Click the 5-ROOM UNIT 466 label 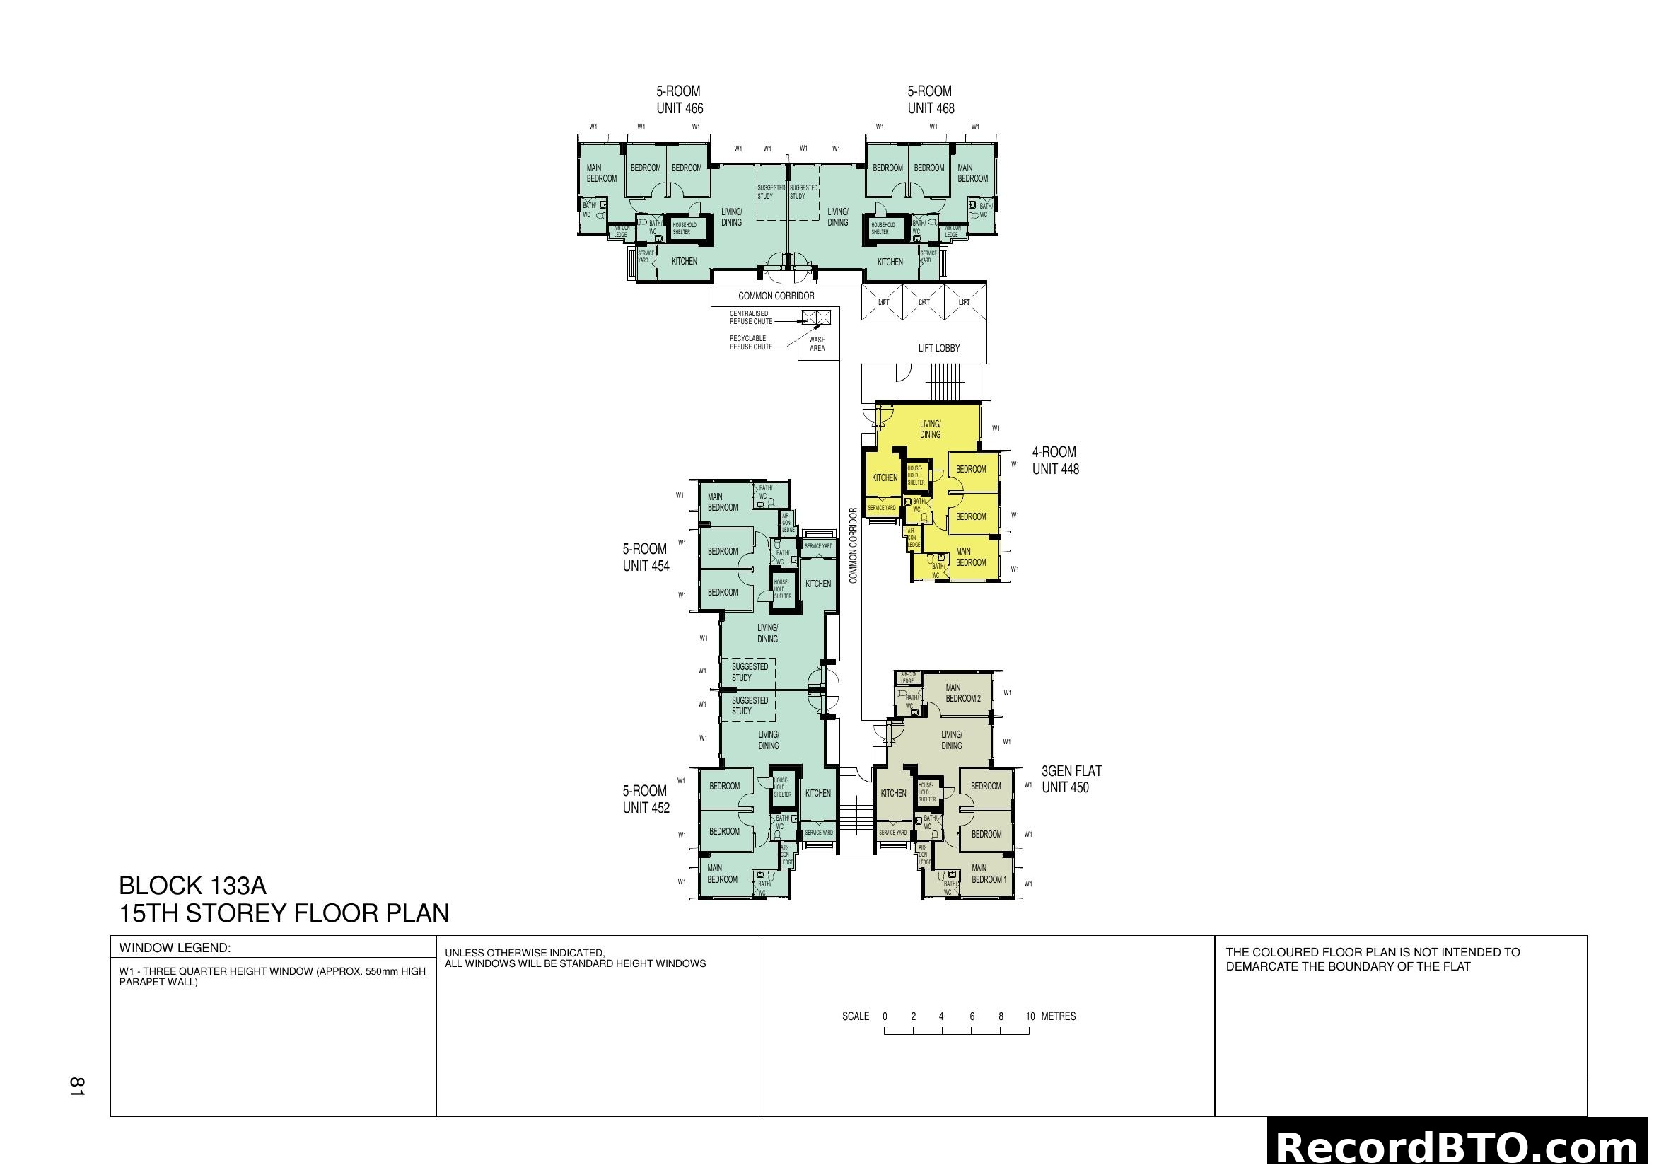[x=680, y=100]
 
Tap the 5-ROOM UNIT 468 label [x=930, y=100]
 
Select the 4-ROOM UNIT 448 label [x=1054, y=461]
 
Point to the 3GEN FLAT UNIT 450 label [x=1071, y=779]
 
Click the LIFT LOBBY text [x=938, y=348]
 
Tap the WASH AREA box [x=817, y=344]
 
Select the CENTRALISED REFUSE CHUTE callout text [x=751, y=318]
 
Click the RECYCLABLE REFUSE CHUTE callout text [x=751, y=342]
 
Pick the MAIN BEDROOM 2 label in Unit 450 [x=962, y=693]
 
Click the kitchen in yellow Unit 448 [x=884, y=477]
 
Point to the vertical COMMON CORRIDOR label [x=853, y=545]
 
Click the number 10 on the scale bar [x=1030, y=1016]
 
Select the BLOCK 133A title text [x=192, y=886]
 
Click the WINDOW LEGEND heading [x=175, y=947]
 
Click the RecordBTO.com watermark [x=1460, y=1147]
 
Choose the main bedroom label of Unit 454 [x=722, y=502]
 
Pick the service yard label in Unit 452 [x=818, y=833]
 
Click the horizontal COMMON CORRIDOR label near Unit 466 [x=776, y=296]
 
